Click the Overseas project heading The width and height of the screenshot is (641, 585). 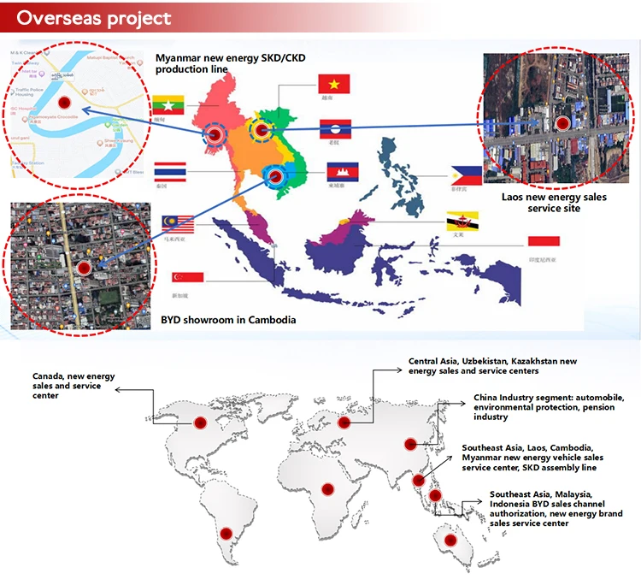[95, 18]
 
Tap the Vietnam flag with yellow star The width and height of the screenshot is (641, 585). [334, 84]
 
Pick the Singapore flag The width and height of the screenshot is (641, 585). [188, 277]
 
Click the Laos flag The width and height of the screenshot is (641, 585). [335, 130]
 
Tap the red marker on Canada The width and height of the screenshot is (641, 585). [200, 422]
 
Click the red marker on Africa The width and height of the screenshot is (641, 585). [326, 489]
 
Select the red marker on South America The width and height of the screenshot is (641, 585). [226, 534]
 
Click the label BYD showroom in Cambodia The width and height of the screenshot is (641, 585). [228, 320]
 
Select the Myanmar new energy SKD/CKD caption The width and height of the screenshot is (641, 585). [230, 62]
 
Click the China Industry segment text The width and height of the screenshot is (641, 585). [530, 407]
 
